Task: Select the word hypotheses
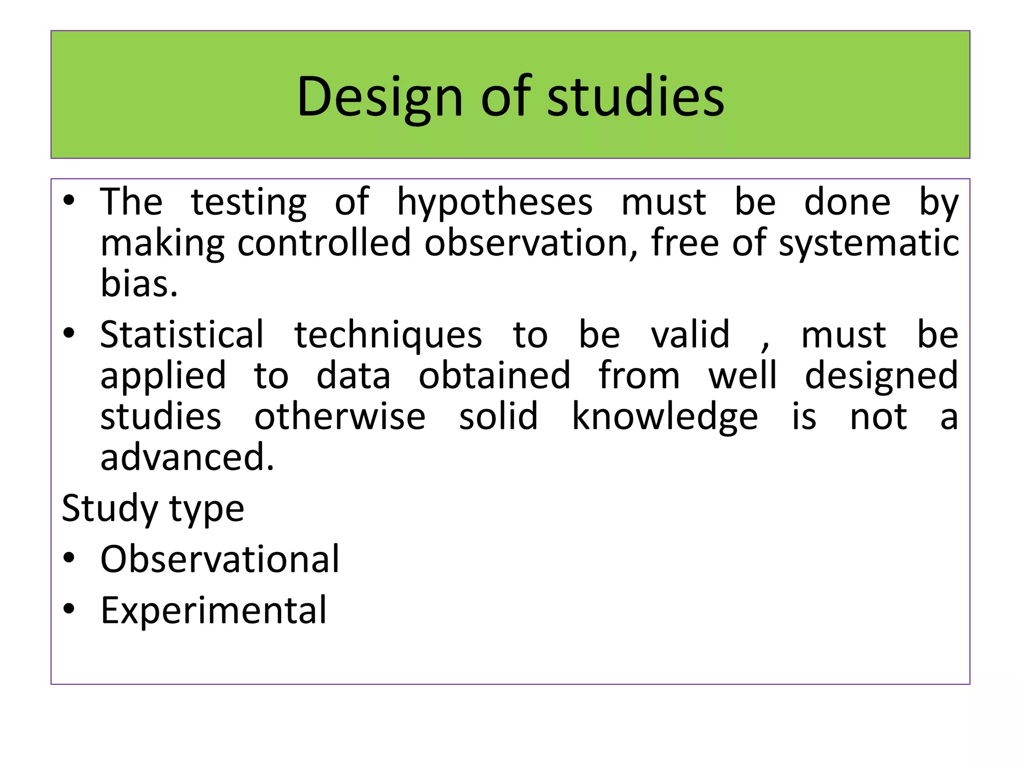tap(495, 202)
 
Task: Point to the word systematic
tap(868, 243)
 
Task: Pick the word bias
tap(139, 283)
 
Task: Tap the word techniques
tap(388, 335)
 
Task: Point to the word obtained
tap(494, 375)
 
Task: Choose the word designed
tap(881, 376)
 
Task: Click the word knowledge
tap(665, 417)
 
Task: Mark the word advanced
tap(187, 457)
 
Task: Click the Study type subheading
tap(153, 509)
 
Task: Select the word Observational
tap(220, 559)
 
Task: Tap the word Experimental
tap(213, 610)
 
